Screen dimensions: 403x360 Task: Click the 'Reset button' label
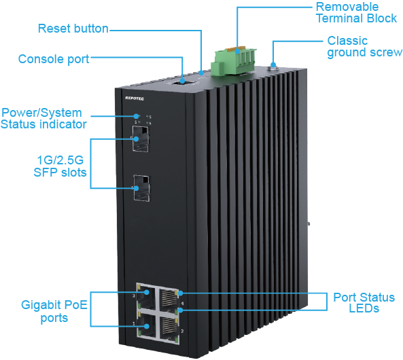pos(73,29)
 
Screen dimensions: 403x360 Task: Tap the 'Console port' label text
pos(54,59)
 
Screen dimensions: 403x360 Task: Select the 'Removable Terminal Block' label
pos(356,13)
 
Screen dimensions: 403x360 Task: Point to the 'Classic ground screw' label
pos(364,47)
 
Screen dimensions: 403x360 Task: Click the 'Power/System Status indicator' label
pos(43,118)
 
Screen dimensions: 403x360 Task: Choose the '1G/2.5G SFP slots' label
pos(60,166)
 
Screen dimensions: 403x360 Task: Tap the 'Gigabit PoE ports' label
pos(54,311)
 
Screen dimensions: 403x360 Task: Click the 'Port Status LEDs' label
pos(364,303)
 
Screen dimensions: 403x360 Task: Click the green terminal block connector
pos(233,62)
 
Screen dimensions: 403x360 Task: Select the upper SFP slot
pos(141,139)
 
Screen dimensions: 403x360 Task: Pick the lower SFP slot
pos(141,188)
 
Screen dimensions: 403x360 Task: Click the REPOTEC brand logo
pos(135,98)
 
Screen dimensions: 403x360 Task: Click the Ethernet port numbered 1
pos(147,325)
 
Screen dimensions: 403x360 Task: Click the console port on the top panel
pos(183,82)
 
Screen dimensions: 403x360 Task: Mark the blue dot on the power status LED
pos(137,116)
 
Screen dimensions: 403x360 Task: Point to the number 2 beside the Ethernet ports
pos(182,331)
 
